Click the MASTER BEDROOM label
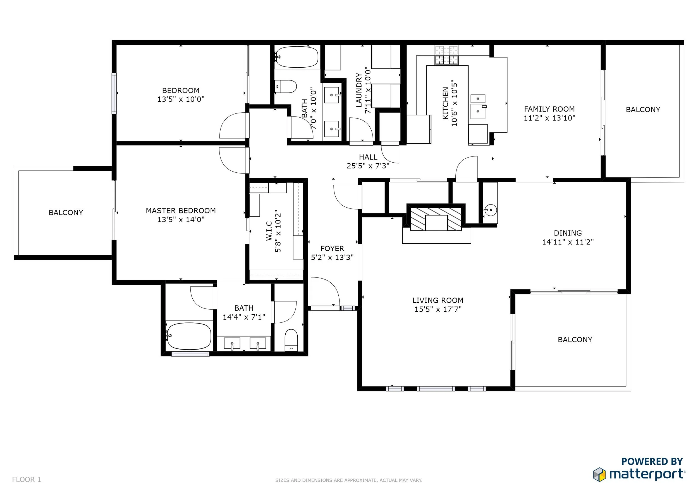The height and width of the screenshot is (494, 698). pos(181,210)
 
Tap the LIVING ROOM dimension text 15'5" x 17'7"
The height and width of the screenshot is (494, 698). pos(438,309)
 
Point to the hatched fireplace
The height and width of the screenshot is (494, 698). pos(436,219)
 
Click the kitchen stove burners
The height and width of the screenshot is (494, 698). pos(446,55)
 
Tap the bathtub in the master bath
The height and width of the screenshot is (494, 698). pos(189,336)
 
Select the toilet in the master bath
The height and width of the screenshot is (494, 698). pos(291,340)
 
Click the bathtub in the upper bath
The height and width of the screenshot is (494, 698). pos(297,57)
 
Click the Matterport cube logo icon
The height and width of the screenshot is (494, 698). pos(599,474)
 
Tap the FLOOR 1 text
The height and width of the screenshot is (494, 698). pos(27,479)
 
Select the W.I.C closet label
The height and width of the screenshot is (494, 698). pos(269,231)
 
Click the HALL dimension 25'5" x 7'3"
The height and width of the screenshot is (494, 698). pos(368,166)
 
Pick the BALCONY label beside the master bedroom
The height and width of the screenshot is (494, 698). pos(66,212)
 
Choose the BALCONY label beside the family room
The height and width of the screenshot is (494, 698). pos(643,110)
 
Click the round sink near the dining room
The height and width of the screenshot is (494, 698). pos(490,210)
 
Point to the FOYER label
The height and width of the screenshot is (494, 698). pos(332,248)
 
